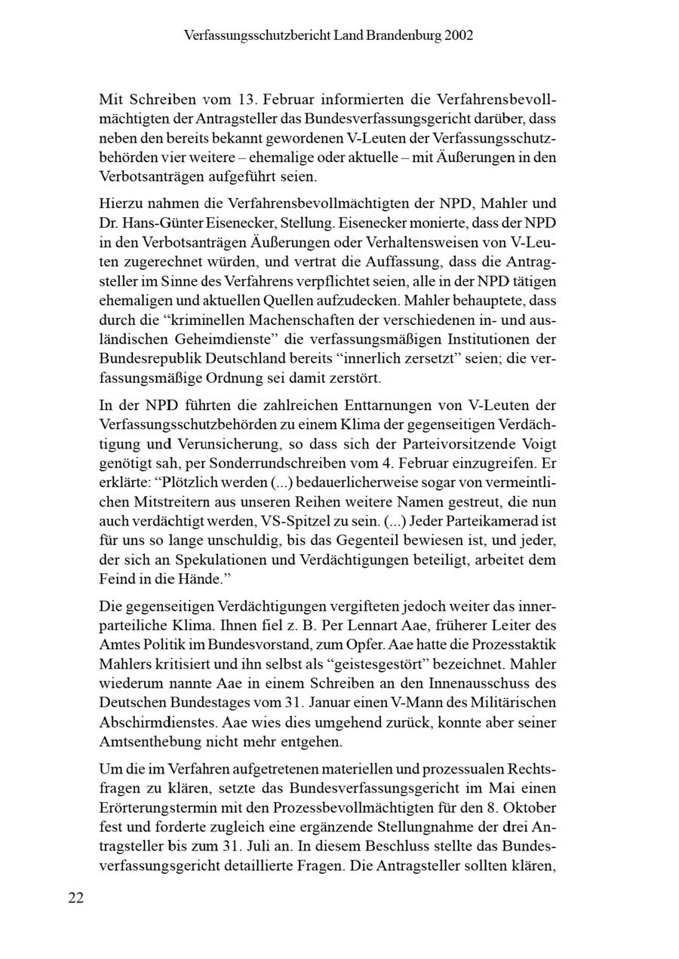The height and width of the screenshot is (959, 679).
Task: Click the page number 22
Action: point(76,897)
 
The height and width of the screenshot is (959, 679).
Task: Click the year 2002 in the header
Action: point(459,35)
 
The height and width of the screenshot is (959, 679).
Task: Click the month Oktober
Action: point(530,807)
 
